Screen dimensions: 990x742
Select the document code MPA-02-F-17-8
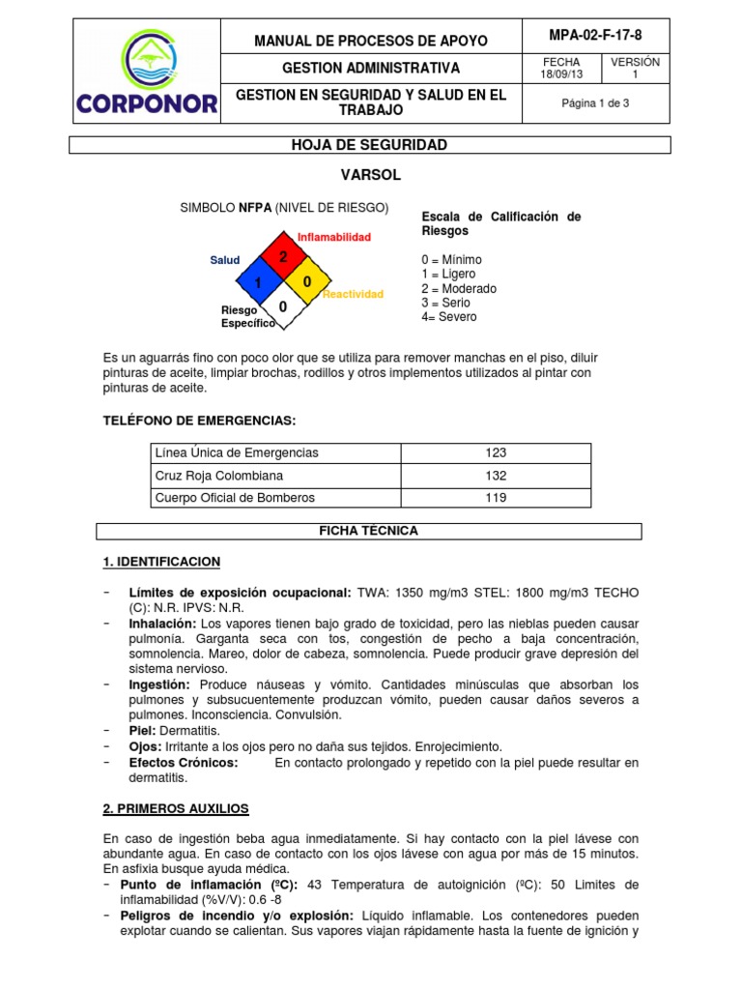click(x=594, y=35)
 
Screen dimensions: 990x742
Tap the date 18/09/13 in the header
click(x=561, y=74)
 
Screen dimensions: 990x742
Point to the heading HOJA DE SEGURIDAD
click(x=369, y=145)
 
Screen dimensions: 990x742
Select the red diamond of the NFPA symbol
click(x=284, y=257)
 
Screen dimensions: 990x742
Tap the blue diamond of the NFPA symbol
click(x=259, y=281)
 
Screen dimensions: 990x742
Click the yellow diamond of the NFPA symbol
click(x=308, y=281)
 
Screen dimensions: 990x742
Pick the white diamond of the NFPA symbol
click(x=284, y=306)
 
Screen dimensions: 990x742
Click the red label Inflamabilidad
click(x=333, y=237)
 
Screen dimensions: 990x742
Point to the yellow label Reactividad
click(x=353, y=294)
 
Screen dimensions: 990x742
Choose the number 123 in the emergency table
click(x=496, y=452)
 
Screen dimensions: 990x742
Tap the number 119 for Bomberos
click(x=496, y=498)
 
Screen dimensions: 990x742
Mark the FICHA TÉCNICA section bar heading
click(x=368, y=531)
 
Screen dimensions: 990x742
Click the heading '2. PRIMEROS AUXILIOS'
click(x=176, y=808)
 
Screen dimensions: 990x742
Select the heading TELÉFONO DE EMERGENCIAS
click(x=199, y=421)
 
